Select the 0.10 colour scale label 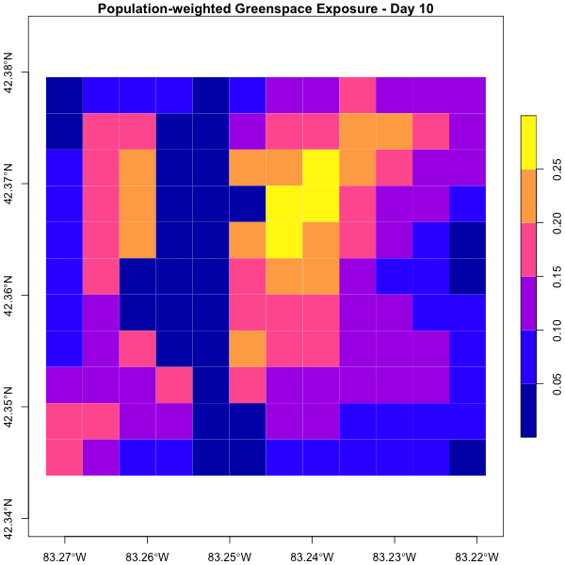click(x=557, y=332)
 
